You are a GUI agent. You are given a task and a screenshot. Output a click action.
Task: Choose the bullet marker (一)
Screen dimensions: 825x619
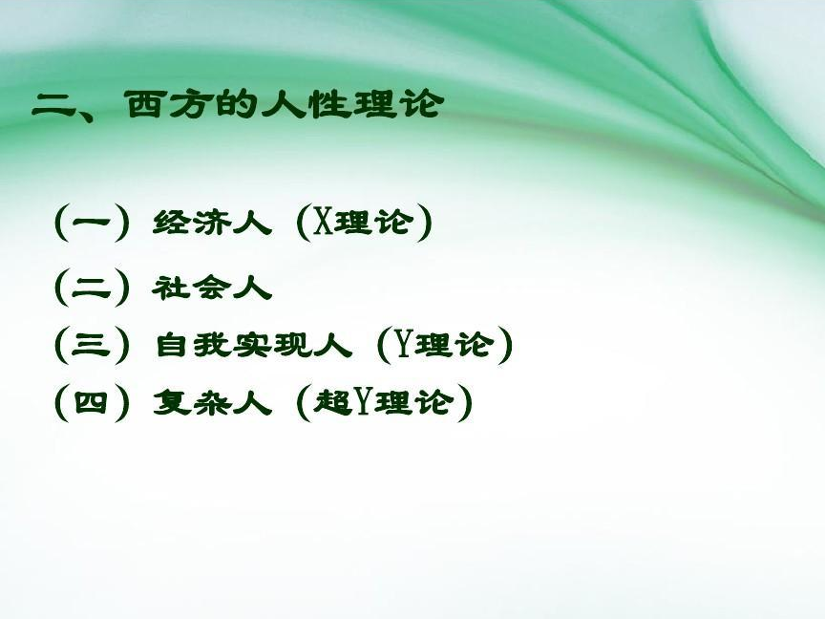pyautogui.click(x=92, y=223)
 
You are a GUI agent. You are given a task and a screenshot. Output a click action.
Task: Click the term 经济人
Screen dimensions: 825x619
pyautogui.click(x=212, y=223)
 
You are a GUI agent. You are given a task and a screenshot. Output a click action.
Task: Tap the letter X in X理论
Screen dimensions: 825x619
pyautogui.click(x=323, y=223)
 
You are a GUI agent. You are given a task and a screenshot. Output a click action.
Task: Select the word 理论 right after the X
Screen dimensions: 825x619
pyautogui.click(x=373, y=223)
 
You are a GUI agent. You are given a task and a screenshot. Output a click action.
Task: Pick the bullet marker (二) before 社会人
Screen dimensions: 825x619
pyautogui.click(x=92, y=288)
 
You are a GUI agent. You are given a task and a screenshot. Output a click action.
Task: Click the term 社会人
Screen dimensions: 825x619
pyautogui.click(x=212, y=288)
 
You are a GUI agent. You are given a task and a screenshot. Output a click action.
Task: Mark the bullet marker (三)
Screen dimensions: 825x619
pyautogui.click(x=92, y=346)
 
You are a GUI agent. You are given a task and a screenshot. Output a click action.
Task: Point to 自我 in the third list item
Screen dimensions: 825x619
pyautogui.click(x=194, y=346)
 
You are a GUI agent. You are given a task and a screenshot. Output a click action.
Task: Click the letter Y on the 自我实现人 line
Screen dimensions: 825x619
pyautogui.click(x=404, y=346)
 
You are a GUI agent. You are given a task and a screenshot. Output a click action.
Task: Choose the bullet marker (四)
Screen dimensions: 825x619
pyautogui.click(x=92, y=403)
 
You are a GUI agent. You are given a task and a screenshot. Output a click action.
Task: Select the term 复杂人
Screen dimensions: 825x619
pyautogui.click(x=212, y=403)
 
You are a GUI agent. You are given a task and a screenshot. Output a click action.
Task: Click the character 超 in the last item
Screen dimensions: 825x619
pyautogui.click(x=333, y=403)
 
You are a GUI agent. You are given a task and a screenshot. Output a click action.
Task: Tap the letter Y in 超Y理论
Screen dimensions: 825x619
pyautogui.click(x=364, y=403)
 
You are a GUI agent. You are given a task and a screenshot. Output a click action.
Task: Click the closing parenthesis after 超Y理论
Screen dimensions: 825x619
pyautogui.click(x=464, y=403)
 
